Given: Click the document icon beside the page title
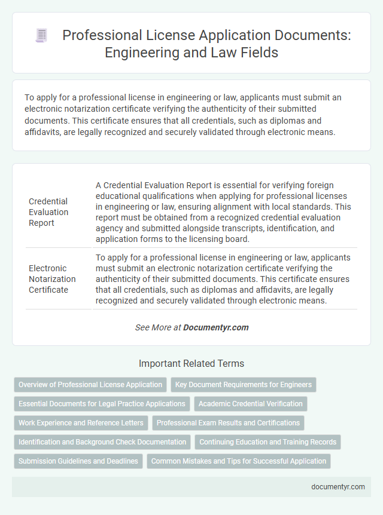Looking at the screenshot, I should pos(41,36).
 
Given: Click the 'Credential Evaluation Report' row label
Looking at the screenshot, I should pos(48,211).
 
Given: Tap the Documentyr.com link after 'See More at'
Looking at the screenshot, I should pos(215,327).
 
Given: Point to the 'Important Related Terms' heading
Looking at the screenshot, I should pos(191,363).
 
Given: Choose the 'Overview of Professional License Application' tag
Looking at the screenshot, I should pos(90,385).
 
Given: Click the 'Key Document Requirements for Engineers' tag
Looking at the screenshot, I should pos(244,385).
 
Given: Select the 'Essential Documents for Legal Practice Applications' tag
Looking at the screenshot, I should pos(102,404).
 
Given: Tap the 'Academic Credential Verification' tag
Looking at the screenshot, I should pos(251,404).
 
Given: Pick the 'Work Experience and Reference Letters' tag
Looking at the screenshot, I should pos(81,423).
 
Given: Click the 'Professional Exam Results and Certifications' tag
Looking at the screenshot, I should pos(228,423).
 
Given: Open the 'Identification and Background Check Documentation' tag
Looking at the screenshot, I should pos(102,442).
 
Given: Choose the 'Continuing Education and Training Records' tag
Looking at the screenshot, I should pos(268,442).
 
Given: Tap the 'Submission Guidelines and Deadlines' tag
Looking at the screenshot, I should pos(78,461).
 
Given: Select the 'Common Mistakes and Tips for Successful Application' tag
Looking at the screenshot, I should pos(239,461).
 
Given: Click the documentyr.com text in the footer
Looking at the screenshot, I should pos(338,486).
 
